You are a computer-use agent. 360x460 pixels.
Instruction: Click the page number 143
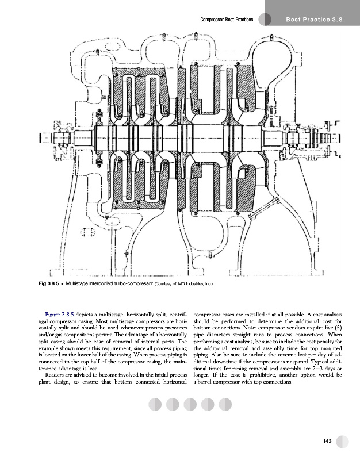(328, 441)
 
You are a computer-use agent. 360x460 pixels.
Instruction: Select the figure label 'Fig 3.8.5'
(48, 283)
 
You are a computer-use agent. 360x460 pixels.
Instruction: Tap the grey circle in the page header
(265, 20)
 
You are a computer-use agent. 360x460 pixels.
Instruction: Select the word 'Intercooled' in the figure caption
(107, 283)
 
